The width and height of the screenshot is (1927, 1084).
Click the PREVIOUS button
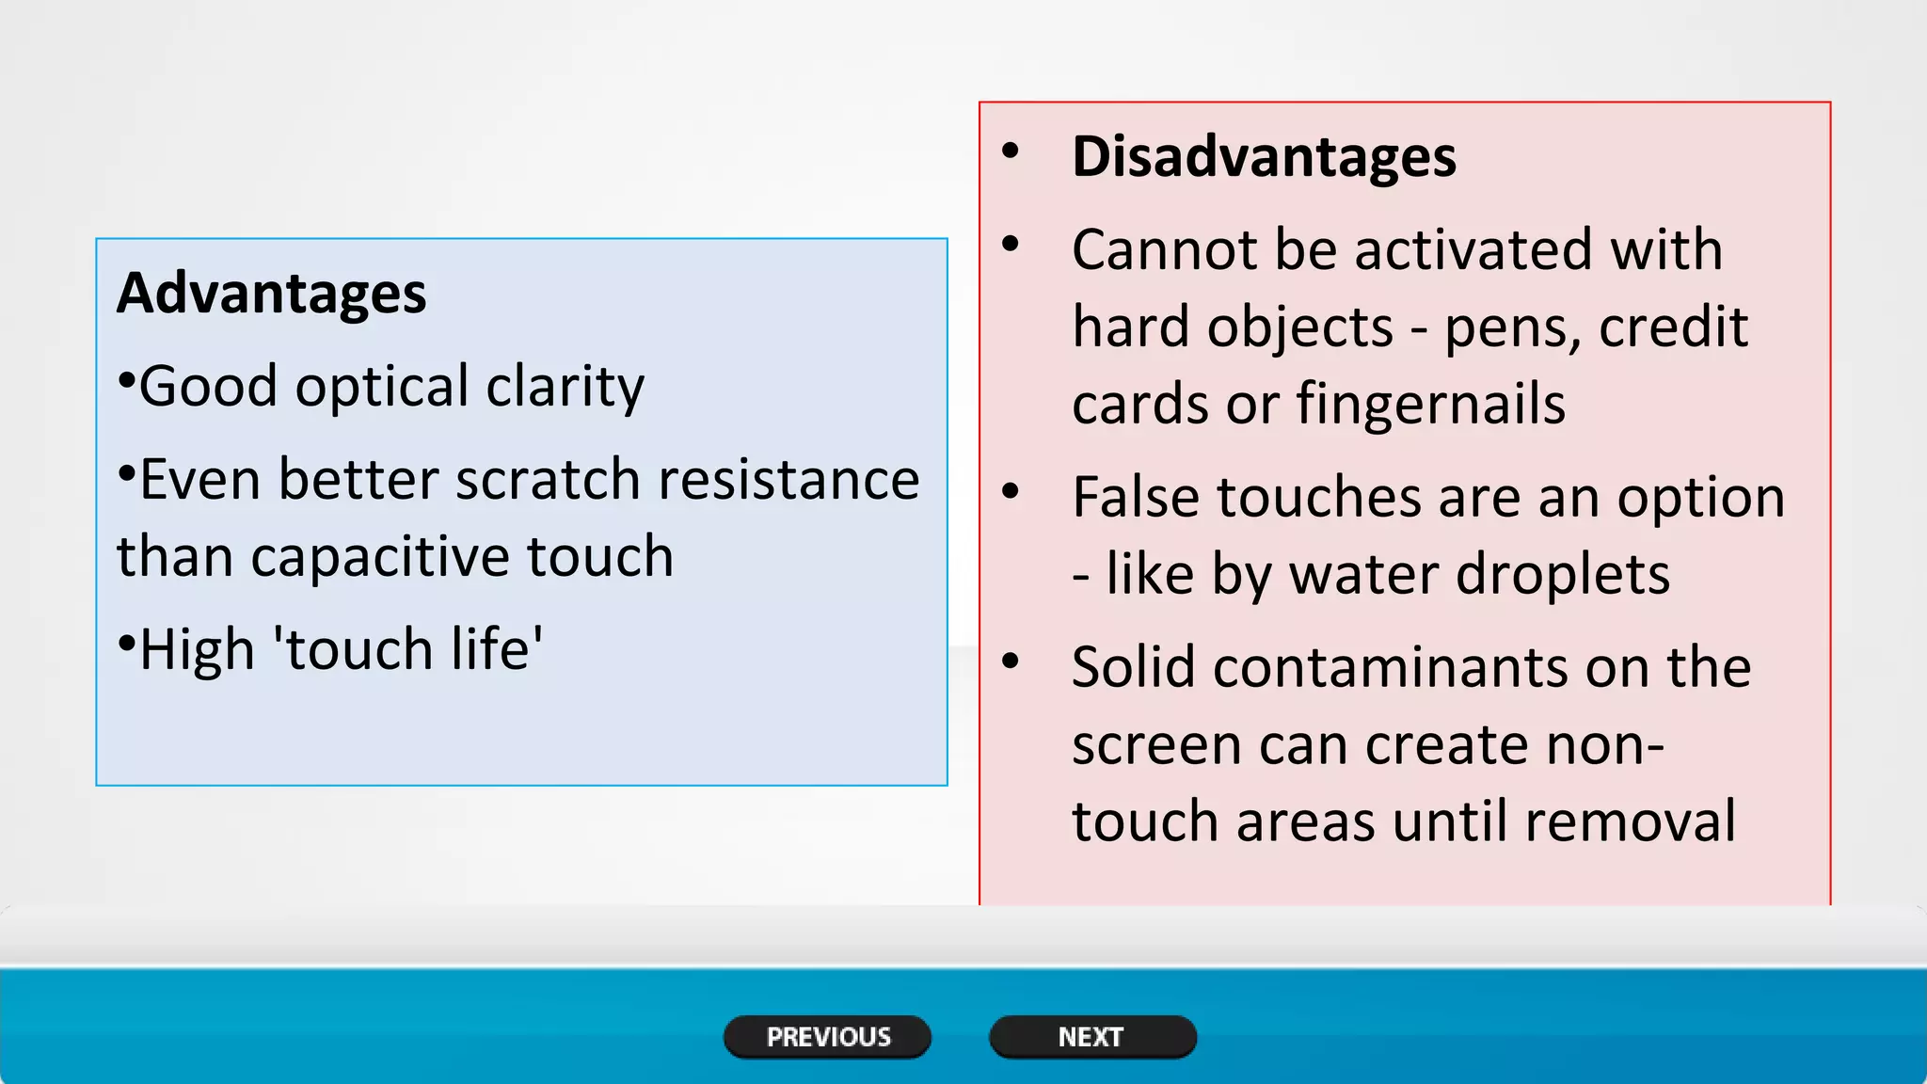(x=827, y=1037)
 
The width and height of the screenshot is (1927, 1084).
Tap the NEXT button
(x=1091, y=1037)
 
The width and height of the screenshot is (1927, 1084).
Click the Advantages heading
(x=271, y=293)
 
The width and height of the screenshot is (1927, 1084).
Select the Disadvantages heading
(x=1263, y=156)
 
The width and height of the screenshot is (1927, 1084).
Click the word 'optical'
(x=382, y=387)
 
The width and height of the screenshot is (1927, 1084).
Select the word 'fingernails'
(x=1430, y=405)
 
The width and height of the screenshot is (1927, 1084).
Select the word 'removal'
(x=1630, y=821)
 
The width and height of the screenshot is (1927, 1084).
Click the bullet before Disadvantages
(x=1011, y=151)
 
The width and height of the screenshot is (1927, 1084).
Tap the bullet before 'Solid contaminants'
(x=1011, y=662)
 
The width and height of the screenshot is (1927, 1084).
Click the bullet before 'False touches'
(x=1011, y=491)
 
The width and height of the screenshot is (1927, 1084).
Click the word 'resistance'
(x=788, y=480)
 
